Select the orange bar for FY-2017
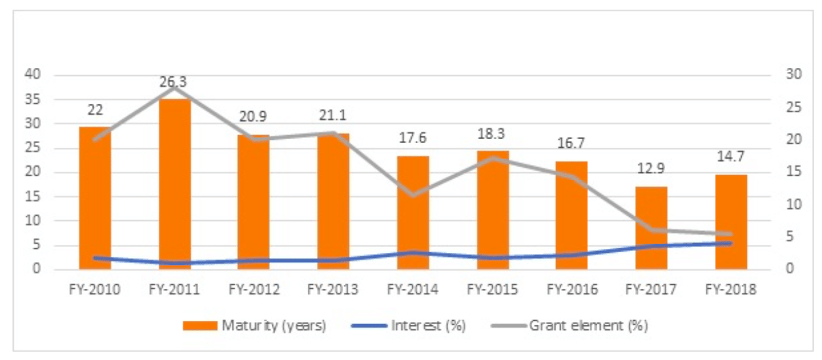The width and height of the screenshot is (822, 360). pos(651,229)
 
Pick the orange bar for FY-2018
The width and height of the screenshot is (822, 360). pos(731,222)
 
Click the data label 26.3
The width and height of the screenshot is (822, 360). pos(174,83)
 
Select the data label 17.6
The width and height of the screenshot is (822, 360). pos(413,140)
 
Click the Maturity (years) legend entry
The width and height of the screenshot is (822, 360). pos(254,325)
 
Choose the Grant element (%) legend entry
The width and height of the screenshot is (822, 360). pos(575,325)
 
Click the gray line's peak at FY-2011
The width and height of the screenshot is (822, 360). pos(174,88)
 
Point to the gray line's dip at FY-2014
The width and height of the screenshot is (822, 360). pos(413,195)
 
